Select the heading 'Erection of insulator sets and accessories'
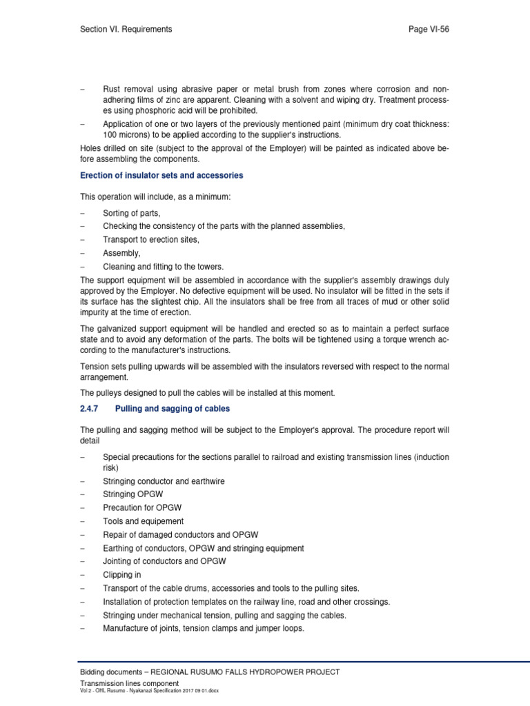point(161,176)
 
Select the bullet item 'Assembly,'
point(121,254)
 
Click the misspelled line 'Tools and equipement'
point(143,521)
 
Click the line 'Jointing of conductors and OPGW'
point(164,561)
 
